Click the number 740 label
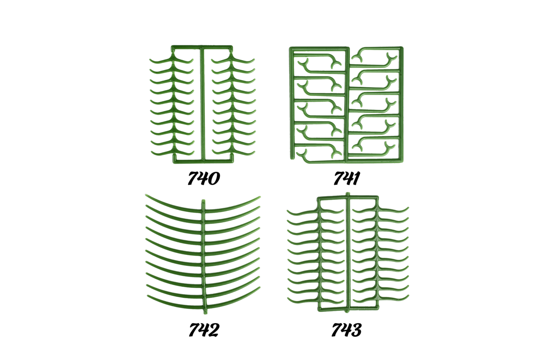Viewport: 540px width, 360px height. [x=204, y=178]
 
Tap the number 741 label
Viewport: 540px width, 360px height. [x=346, y=178]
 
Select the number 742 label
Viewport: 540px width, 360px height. [x=204, y=330]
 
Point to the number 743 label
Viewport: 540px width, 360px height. [x=346, y=330]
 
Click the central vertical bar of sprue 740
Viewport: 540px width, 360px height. [x=203, y=104]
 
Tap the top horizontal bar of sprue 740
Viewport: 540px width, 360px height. [x=202, y=48]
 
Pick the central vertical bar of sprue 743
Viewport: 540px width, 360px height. [x=348, y=253]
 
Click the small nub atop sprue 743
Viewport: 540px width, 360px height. [x=347, y=194]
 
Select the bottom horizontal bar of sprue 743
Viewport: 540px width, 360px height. [x=348, y=309]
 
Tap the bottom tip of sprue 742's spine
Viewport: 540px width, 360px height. [x=205, y=313]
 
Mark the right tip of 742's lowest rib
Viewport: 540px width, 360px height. [x=260, y=287]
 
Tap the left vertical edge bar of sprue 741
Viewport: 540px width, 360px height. [x=292, y=103]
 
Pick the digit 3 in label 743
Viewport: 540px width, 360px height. [x=355, y=330]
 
